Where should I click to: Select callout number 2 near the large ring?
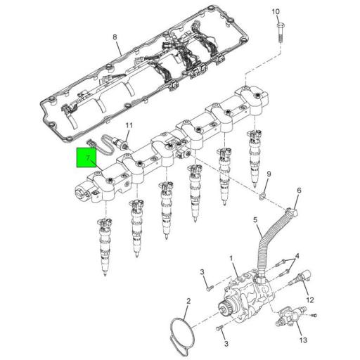pos(188,302)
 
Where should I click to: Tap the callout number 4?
pos(298,255)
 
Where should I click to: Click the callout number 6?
pos(298,191)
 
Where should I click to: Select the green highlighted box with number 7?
pos(88,160)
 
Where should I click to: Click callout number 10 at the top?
pos(276,12)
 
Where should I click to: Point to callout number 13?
pos(303,340)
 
